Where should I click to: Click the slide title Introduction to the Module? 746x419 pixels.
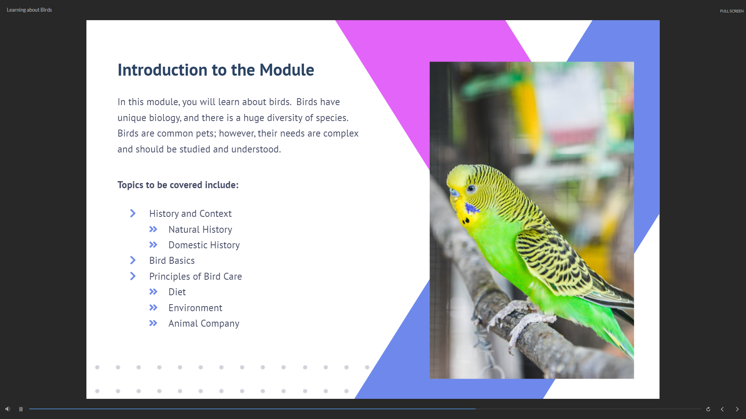click(x=216, y=70)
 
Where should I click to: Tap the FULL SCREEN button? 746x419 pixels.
click(x=732, y=11)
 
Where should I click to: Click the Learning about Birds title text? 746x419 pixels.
click(x=29, y=10)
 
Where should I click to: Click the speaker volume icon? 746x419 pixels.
click(x=8, y=409)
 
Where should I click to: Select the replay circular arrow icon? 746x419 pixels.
click(x=708, y=409)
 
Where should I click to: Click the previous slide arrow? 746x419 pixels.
click(x=722, y=409)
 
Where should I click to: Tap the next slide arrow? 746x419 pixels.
click(x=737, y=409)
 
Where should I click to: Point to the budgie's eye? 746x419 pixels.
click(x=471, y=189)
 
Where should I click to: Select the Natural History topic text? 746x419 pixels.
click(x=200, y=230)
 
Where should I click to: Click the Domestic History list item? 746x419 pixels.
click(x=204, y=245)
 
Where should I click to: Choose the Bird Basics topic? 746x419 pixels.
click(x=172, y=261)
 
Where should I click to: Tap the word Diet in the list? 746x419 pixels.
click(x=177, y=292)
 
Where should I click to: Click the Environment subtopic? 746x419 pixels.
click(x=195, y=308)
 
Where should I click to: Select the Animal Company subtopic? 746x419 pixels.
click(x=204, y=324)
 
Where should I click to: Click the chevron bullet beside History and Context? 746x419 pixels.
click(x=133, y=213)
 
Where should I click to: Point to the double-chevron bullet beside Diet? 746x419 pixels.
click(x=153, y=292)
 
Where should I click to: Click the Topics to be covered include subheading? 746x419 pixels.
click(x=178, y=185)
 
